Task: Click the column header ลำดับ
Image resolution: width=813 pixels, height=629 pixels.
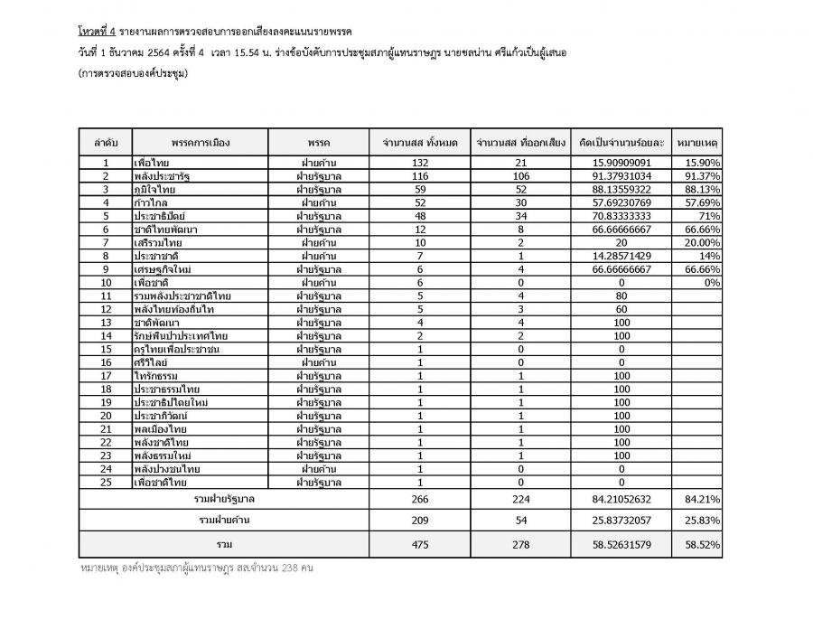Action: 106,142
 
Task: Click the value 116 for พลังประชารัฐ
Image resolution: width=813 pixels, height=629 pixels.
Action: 419,175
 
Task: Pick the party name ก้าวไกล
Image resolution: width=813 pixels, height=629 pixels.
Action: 154,202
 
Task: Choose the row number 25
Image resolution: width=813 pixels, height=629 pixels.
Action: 106,483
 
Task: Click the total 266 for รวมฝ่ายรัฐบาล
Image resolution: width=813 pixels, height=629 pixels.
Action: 419,499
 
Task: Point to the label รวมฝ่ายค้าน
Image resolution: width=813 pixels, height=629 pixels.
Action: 224,521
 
